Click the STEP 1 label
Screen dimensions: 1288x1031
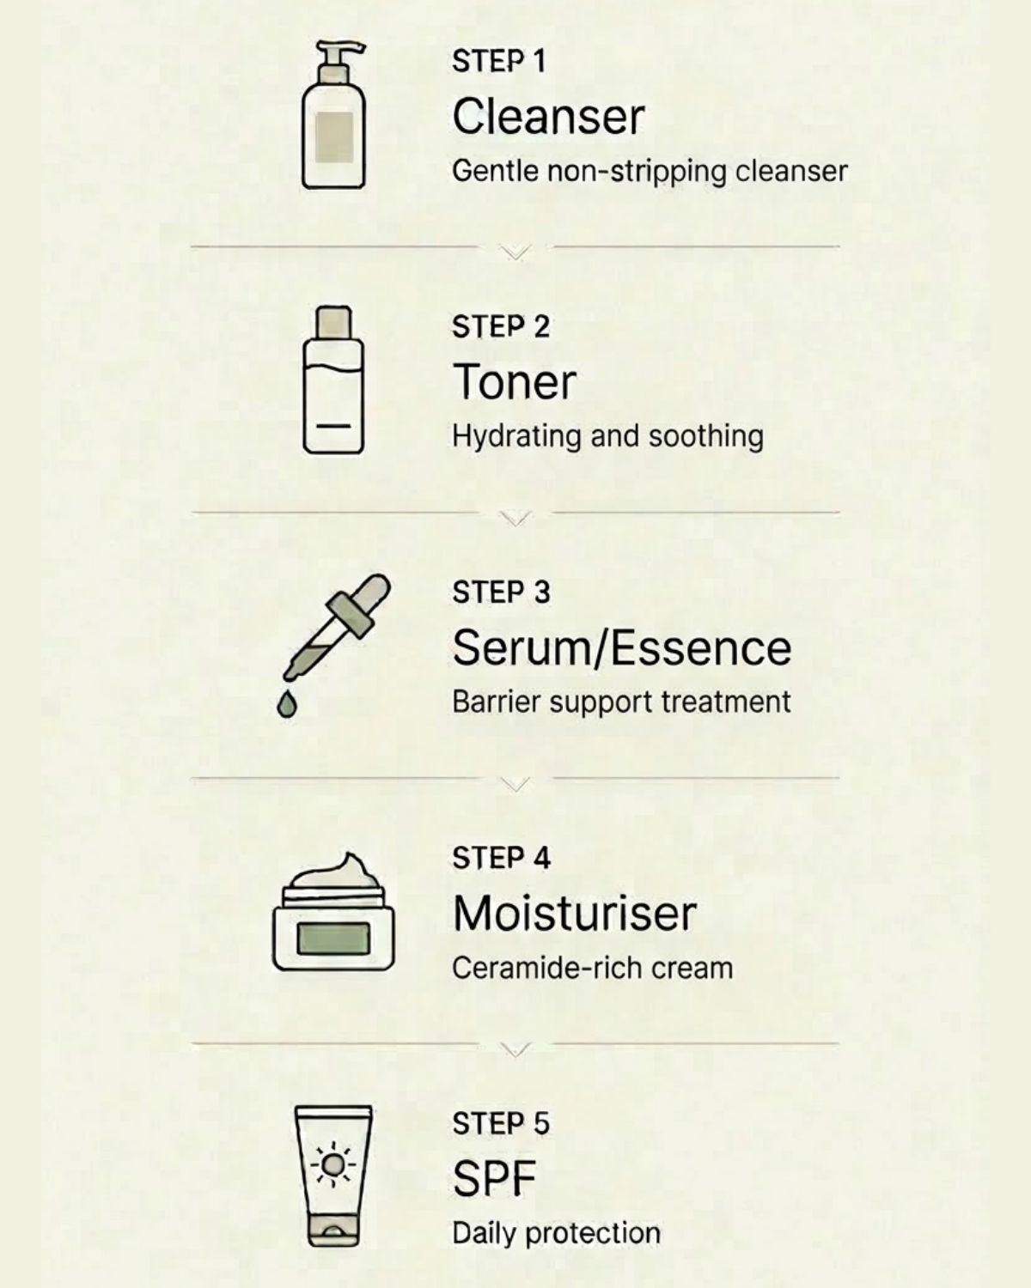tap(498, 62)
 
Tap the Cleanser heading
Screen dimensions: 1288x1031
tap(548, 117)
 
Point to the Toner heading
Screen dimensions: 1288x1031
tap(514, 382)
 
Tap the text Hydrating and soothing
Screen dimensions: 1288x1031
tap(607, 436)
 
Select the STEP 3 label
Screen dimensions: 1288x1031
tap(501, 592)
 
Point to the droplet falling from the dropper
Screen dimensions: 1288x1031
tap(286, 704)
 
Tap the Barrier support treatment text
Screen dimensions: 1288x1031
tap(621, 702)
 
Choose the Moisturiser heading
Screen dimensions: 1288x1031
tap(574, 914)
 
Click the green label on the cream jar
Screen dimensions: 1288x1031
tap(333, 938)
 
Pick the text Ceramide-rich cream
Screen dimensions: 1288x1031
tap(592, 969)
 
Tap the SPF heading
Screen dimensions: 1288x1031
tap(494, 1179)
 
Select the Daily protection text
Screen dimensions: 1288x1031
tap(556, 1234)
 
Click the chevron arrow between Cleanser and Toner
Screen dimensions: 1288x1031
tap(515, 252)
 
